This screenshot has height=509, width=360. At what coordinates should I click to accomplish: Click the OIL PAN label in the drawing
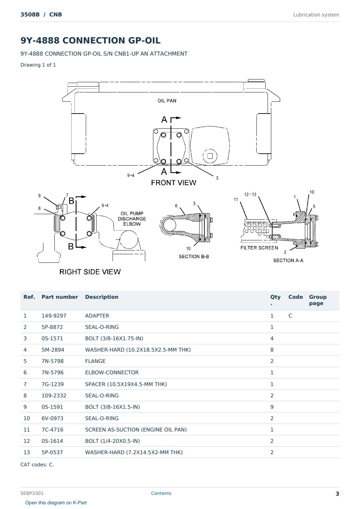pos(167,101)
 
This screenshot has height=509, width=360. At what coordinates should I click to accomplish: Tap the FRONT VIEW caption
pos(173,183)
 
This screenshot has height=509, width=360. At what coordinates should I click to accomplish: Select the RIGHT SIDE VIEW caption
pos(90,272)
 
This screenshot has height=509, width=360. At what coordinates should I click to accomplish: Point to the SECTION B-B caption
pos(194,256)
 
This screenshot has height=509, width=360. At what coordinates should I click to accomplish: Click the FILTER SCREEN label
pos(259,248)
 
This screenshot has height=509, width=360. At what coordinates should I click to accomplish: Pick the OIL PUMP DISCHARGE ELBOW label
pos(132,219)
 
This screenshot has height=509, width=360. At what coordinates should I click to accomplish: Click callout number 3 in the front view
pos(217,178)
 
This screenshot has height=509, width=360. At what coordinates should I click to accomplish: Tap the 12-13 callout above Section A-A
pos(250,195)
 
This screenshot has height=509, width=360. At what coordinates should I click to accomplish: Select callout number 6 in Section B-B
pos(176,206)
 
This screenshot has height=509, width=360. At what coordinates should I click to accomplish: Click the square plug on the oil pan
pos(210,156)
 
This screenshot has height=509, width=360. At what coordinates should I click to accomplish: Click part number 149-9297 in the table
pos(54,316)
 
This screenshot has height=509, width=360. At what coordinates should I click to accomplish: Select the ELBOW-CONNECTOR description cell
pos(112,373)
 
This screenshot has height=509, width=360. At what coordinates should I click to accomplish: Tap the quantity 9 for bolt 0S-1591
pos(272,407)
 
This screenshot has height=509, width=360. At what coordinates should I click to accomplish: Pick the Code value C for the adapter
pos(290,316)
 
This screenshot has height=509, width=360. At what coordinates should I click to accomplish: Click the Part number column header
pos(60,297)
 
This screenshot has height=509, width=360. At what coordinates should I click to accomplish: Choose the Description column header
pos(102,297)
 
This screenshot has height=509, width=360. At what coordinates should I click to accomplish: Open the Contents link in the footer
pos(161,493)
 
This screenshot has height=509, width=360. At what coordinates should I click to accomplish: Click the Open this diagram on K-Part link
pos(56,503)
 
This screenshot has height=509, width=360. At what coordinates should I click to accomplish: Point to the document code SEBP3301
pos(32,493)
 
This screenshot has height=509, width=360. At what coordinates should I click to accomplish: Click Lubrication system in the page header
pos(316,15)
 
